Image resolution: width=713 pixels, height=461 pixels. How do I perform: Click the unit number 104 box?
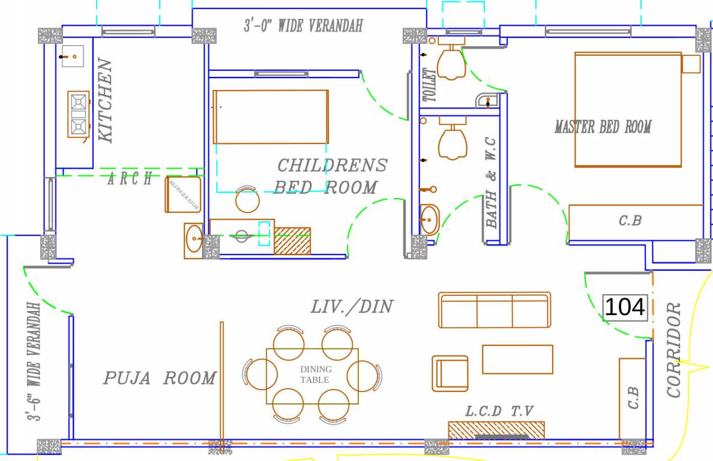pyautogui.click(x=626, y=307)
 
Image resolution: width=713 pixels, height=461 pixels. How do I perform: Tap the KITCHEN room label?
pyautogui.click(x=105, y=100)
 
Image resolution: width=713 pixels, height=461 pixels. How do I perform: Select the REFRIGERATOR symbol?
pyautogui.click(x=183, y=194)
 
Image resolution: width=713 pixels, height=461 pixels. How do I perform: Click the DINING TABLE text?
pyautogui.click(x=315, y=375)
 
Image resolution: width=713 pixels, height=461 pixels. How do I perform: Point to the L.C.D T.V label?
pyautogui.click(x=499, y=411)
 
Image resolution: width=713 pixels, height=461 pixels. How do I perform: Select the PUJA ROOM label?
pyautogui.click(x=159, y=378)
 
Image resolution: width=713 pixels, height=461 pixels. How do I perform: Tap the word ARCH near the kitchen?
pyautogui.click(x=130, y=178)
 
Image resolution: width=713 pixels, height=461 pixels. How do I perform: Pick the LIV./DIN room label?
pyautogui.click(x=352, y=307)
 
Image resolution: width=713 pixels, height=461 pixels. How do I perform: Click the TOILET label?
pyautogui.click(x=430, y=85)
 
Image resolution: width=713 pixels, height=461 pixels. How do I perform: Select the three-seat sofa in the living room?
pyautogui.click(x=494, y=310)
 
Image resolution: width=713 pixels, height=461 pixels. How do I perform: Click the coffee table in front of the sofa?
pyautogui.click(x=517, y=359)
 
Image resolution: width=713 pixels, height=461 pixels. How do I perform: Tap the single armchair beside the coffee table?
pyautogui.click(x=450, y=373)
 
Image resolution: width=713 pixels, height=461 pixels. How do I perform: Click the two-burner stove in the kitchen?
pyautogui.click(x=78, y=113)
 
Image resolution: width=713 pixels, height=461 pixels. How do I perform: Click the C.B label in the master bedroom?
pyautogui.click(x=630, y=221)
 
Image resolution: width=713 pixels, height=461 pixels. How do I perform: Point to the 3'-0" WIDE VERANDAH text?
pyautogui.click(x=303, y=26)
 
